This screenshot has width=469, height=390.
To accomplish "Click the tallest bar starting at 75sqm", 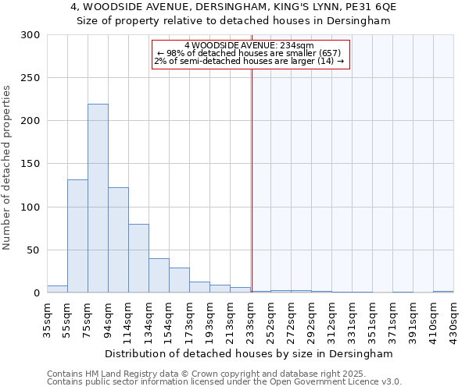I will [x=98, y=199].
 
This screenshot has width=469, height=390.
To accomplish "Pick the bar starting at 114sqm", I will [x=138, y=258].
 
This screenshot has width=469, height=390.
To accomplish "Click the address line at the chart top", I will [x=234, y=7].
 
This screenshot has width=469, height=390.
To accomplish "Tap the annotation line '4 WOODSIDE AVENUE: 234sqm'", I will [x=249, y=46].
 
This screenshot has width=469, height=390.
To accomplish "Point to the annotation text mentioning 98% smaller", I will [x=249, y=53].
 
